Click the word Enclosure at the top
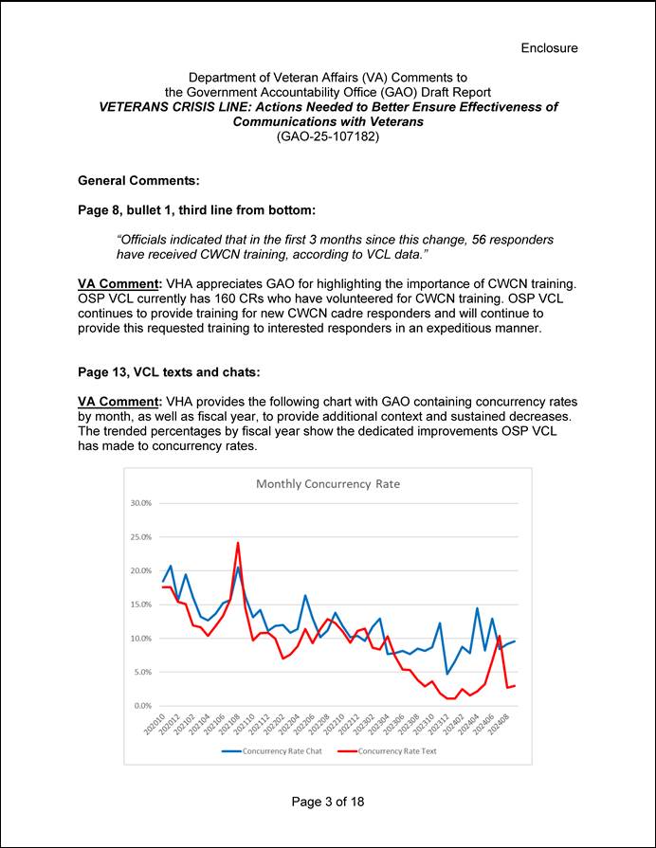549,48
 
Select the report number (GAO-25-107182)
327,136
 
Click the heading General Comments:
137,180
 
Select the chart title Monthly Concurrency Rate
328,483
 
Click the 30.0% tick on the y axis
139,503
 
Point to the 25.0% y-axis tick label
139,537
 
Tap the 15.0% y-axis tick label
139,604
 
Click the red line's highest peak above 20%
238,544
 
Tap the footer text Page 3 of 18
327,802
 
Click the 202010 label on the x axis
155,726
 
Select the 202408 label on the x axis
502,726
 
